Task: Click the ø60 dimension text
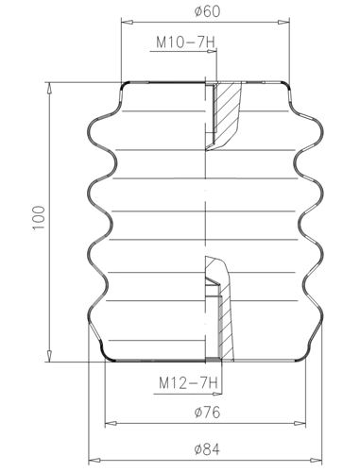point(207,12)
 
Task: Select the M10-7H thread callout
point(186,42)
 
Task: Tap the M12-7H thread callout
point(188,383)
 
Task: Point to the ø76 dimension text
point(207,413)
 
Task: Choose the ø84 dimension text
point(207,449)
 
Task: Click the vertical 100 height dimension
point(39,218)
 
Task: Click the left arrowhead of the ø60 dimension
point(127,22)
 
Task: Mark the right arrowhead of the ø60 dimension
point(283,22)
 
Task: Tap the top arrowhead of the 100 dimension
point(49,89)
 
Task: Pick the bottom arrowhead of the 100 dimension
point(49,356)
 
